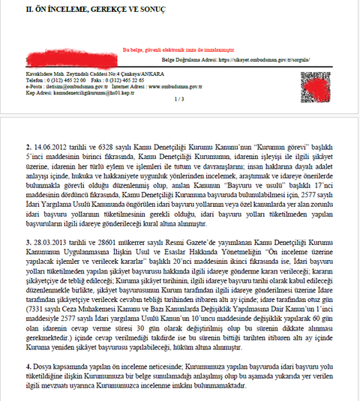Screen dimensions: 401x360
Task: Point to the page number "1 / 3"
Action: point(178,99)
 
